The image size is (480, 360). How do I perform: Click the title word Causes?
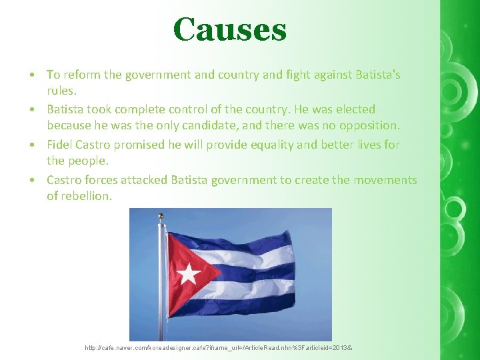pyautogui.click(x=229, y=29)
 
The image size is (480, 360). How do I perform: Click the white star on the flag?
pyautogui.click(x=189, y=273)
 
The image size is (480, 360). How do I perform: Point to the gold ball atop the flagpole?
pyautogui.click(x=160, y=216)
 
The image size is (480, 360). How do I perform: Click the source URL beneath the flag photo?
pyautogui.click(x=219, y=349)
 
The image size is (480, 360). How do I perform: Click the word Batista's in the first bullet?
pyautogui.click(x=371, y=74)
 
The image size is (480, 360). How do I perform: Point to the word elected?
pyautogui.click(x=353, y=109)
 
